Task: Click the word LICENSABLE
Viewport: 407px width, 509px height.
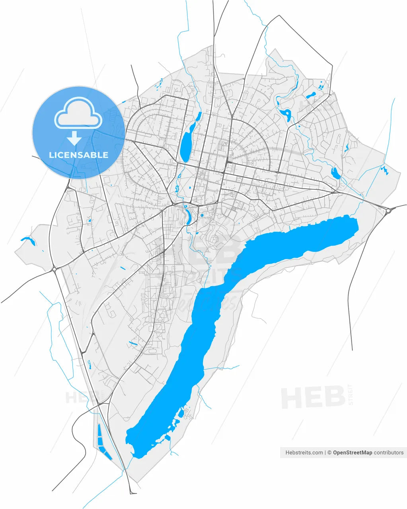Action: pos(78,155)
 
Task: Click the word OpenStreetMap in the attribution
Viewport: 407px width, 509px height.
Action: pos(352,453)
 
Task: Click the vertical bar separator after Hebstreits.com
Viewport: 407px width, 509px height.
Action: pos(325,453)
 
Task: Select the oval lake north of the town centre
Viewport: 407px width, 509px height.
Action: pos(186,145)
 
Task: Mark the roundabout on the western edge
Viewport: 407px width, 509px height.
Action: pos(54,269)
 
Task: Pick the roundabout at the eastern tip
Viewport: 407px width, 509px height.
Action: pos(389,211)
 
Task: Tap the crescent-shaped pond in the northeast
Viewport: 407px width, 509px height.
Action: pos(286,115)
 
